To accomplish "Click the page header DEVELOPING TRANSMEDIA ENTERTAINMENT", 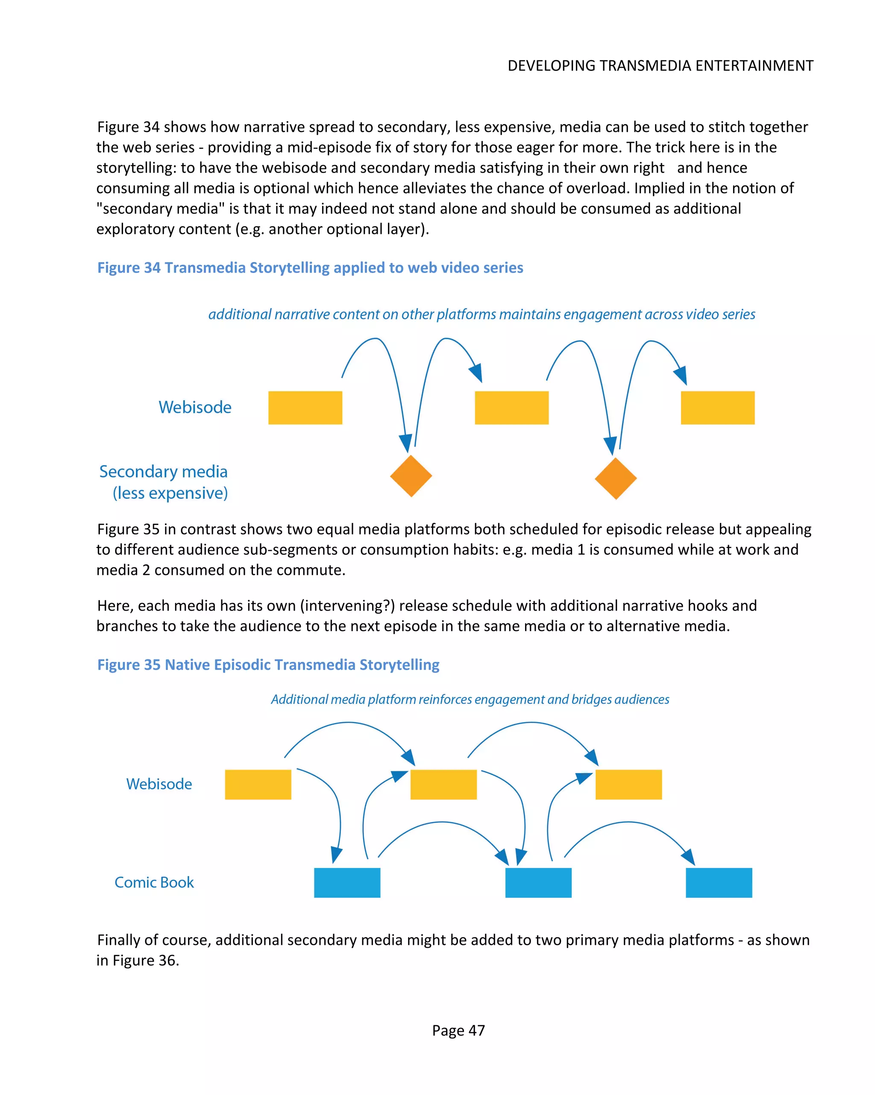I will tap(660, 66).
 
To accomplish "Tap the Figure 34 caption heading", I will tap(310, 268).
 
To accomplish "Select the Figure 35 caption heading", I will tap(268, 664).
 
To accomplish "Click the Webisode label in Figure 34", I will tap(195, 407).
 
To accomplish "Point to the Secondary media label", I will tap(164, 472).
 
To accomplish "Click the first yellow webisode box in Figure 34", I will tap(305, 407).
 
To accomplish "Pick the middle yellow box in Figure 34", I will tap(511, 407).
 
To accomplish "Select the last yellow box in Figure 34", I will tap(717, 407).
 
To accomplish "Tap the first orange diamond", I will tap(411, 476).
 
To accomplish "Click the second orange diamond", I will tap(615, 478).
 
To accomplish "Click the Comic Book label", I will tap(154, 882).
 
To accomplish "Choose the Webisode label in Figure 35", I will tap(159, 784).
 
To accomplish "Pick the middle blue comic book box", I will tap(538, 882).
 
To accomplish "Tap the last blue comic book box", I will tap(718, 882).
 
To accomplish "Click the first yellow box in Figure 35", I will tap(258, 784).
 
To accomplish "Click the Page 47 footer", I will tap(458, 1030).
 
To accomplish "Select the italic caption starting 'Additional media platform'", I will tap(470, 700).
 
